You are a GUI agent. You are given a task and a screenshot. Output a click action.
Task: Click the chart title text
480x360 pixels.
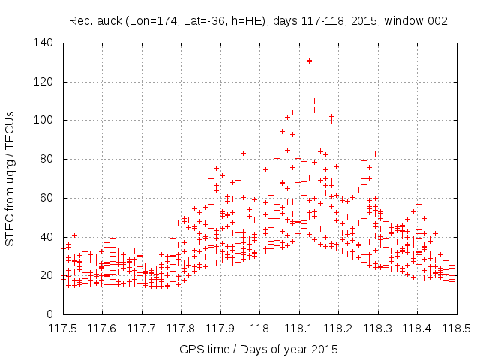tap(258, 21)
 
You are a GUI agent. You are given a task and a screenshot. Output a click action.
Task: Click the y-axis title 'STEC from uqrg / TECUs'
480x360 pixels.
tap(10, 178)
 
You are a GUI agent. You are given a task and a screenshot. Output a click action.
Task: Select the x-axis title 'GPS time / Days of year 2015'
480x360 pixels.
tap(258, 349)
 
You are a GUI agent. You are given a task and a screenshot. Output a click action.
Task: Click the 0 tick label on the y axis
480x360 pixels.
tap(51, 314)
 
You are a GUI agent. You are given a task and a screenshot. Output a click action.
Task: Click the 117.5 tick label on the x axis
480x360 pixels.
tap(62, 328)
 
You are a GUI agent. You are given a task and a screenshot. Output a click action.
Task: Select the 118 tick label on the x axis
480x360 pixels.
tap(259, 328)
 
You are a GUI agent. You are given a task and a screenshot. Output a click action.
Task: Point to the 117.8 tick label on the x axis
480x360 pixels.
tap(181, 328)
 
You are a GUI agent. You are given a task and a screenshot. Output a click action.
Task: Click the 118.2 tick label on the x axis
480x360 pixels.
tap(338, 328)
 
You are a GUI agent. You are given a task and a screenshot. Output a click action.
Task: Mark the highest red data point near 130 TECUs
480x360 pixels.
tap(309, 61)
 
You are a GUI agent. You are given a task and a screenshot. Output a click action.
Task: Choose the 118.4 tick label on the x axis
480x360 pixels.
tap(417, 328)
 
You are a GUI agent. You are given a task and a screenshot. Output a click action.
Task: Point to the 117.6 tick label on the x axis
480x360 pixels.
tap(102, 328)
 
